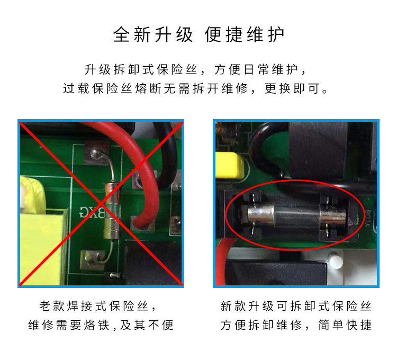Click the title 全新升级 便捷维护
(x=198, y=35)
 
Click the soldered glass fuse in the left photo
(x=112, y=211)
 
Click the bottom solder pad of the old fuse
(x=93, y=260)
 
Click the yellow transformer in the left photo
(x=43, y=230)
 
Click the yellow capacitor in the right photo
(x=230, y=165)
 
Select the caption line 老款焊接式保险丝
(x=94, y=306)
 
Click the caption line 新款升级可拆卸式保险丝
(x=296, y=306)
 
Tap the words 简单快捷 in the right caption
(x=345, y=325)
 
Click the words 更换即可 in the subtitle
(x=292, y=88)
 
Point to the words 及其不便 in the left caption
(x=147, y=325)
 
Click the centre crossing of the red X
(x=101, y=204)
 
